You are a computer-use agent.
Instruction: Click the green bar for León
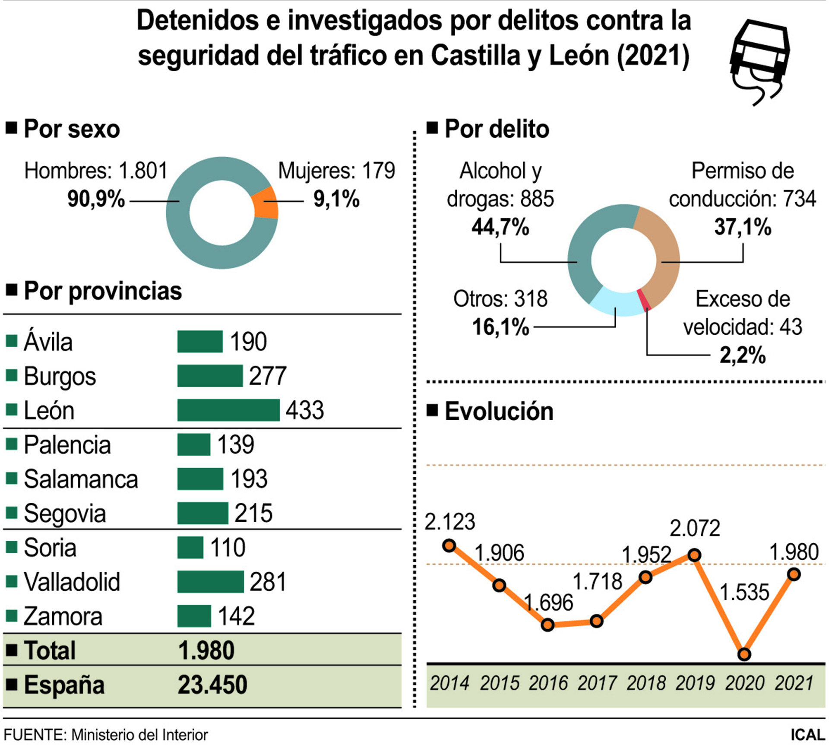228,410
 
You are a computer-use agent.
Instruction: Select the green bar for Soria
190,547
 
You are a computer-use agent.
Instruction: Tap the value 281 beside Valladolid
268,582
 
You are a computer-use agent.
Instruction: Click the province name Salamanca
81,479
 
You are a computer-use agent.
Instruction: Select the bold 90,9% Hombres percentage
96,199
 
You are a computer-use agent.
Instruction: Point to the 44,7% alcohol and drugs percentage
500,227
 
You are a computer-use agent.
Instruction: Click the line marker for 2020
744,654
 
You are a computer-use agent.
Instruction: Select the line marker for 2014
449,545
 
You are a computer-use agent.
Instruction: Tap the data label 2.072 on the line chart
695,528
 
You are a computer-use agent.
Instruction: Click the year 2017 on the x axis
596,683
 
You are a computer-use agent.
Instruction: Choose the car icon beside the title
759,60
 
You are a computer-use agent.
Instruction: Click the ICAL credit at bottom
807,735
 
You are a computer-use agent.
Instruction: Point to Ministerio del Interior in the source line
139,735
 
